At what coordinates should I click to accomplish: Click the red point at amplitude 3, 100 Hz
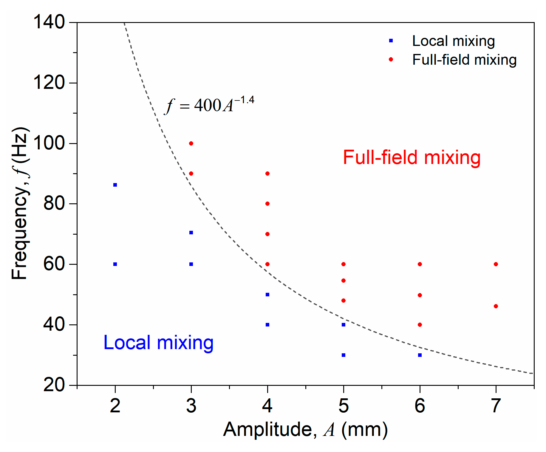(x=191, y=143)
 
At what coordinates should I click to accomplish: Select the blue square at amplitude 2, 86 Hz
(x=115, y=185)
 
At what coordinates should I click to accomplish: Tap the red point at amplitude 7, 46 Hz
(x=496, y=306)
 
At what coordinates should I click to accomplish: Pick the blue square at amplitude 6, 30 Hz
(x=420, y=355)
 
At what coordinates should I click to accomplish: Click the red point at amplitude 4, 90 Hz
(x=267, y=174)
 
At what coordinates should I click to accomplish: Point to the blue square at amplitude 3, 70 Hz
(x=191, y=233)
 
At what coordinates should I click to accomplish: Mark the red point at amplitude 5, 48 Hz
(x=344, y=301)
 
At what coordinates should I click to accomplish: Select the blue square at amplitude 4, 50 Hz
(x=267, y=295)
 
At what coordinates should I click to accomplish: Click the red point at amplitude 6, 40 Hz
(x=420, y=325)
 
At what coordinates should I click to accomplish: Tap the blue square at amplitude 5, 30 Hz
(x=344, y=355)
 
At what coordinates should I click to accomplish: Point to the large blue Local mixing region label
(x=158, y=343)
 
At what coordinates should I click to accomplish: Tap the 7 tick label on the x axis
(x=496, y=406)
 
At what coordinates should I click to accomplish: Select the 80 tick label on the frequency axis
(x=54, y=204)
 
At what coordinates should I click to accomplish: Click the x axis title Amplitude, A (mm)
(x=305, y=430)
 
